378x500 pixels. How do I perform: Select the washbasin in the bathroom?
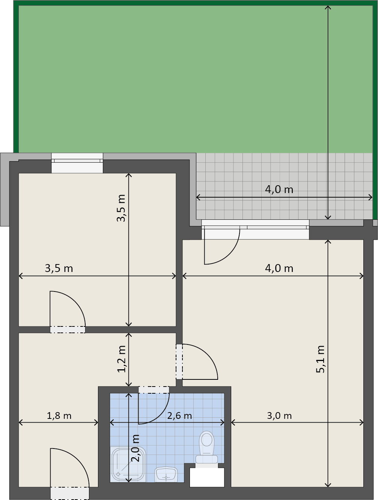pos(166,474)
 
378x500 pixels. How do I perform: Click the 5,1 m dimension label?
pos(320,359)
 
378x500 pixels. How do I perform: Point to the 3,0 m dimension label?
pos(279,416)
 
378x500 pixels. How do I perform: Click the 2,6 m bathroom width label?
pos(179,416)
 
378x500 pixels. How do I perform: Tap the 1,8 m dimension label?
pos(59,416)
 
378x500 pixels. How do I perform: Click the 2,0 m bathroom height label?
pos(135,448)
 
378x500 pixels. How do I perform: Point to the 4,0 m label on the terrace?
pos(279,190)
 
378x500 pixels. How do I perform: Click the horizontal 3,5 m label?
pos(59,268)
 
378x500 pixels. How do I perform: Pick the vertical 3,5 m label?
pos(121,208)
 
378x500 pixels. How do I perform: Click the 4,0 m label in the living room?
pos(279,268)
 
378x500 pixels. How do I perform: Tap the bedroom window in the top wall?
pos(77,163)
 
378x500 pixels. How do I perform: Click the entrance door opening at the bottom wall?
pos(70,493)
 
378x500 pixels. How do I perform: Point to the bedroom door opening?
pos(68,329)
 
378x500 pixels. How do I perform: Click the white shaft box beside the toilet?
pos(207,477)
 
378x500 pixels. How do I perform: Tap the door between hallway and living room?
pos(179,361)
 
